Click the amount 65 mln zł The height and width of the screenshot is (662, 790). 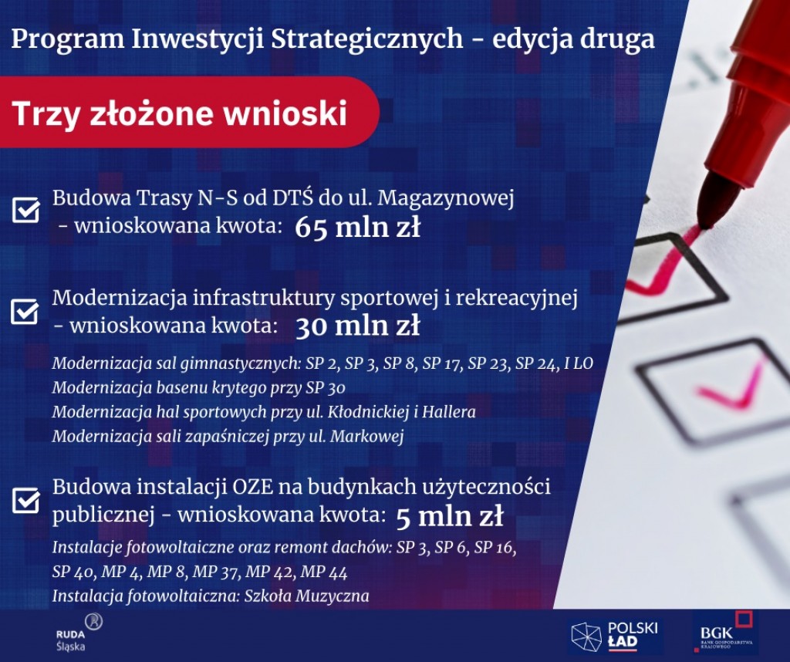[x=357, y=227]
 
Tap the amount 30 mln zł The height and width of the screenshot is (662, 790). [x=357, y=326]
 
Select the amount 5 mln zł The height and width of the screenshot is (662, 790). [x=450, y=516]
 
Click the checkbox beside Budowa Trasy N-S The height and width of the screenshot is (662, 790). [x=26, y=209]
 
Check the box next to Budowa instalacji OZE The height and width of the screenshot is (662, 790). [x=26, y=500]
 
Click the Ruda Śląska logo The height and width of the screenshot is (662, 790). [x=78, y=633]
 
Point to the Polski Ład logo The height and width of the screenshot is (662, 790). [x=614, y=637]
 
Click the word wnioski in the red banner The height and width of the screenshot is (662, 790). [x=285, y=113]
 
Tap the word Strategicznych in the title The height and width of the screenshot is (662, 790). [x=366, y=39]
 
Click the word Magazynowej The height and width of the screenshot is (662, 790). [x=446, y=198]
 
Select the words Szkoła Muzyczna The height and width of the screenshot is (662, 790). [x=306, y=596]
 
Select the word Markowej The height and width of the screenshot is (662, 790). [x=366, y=436]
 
